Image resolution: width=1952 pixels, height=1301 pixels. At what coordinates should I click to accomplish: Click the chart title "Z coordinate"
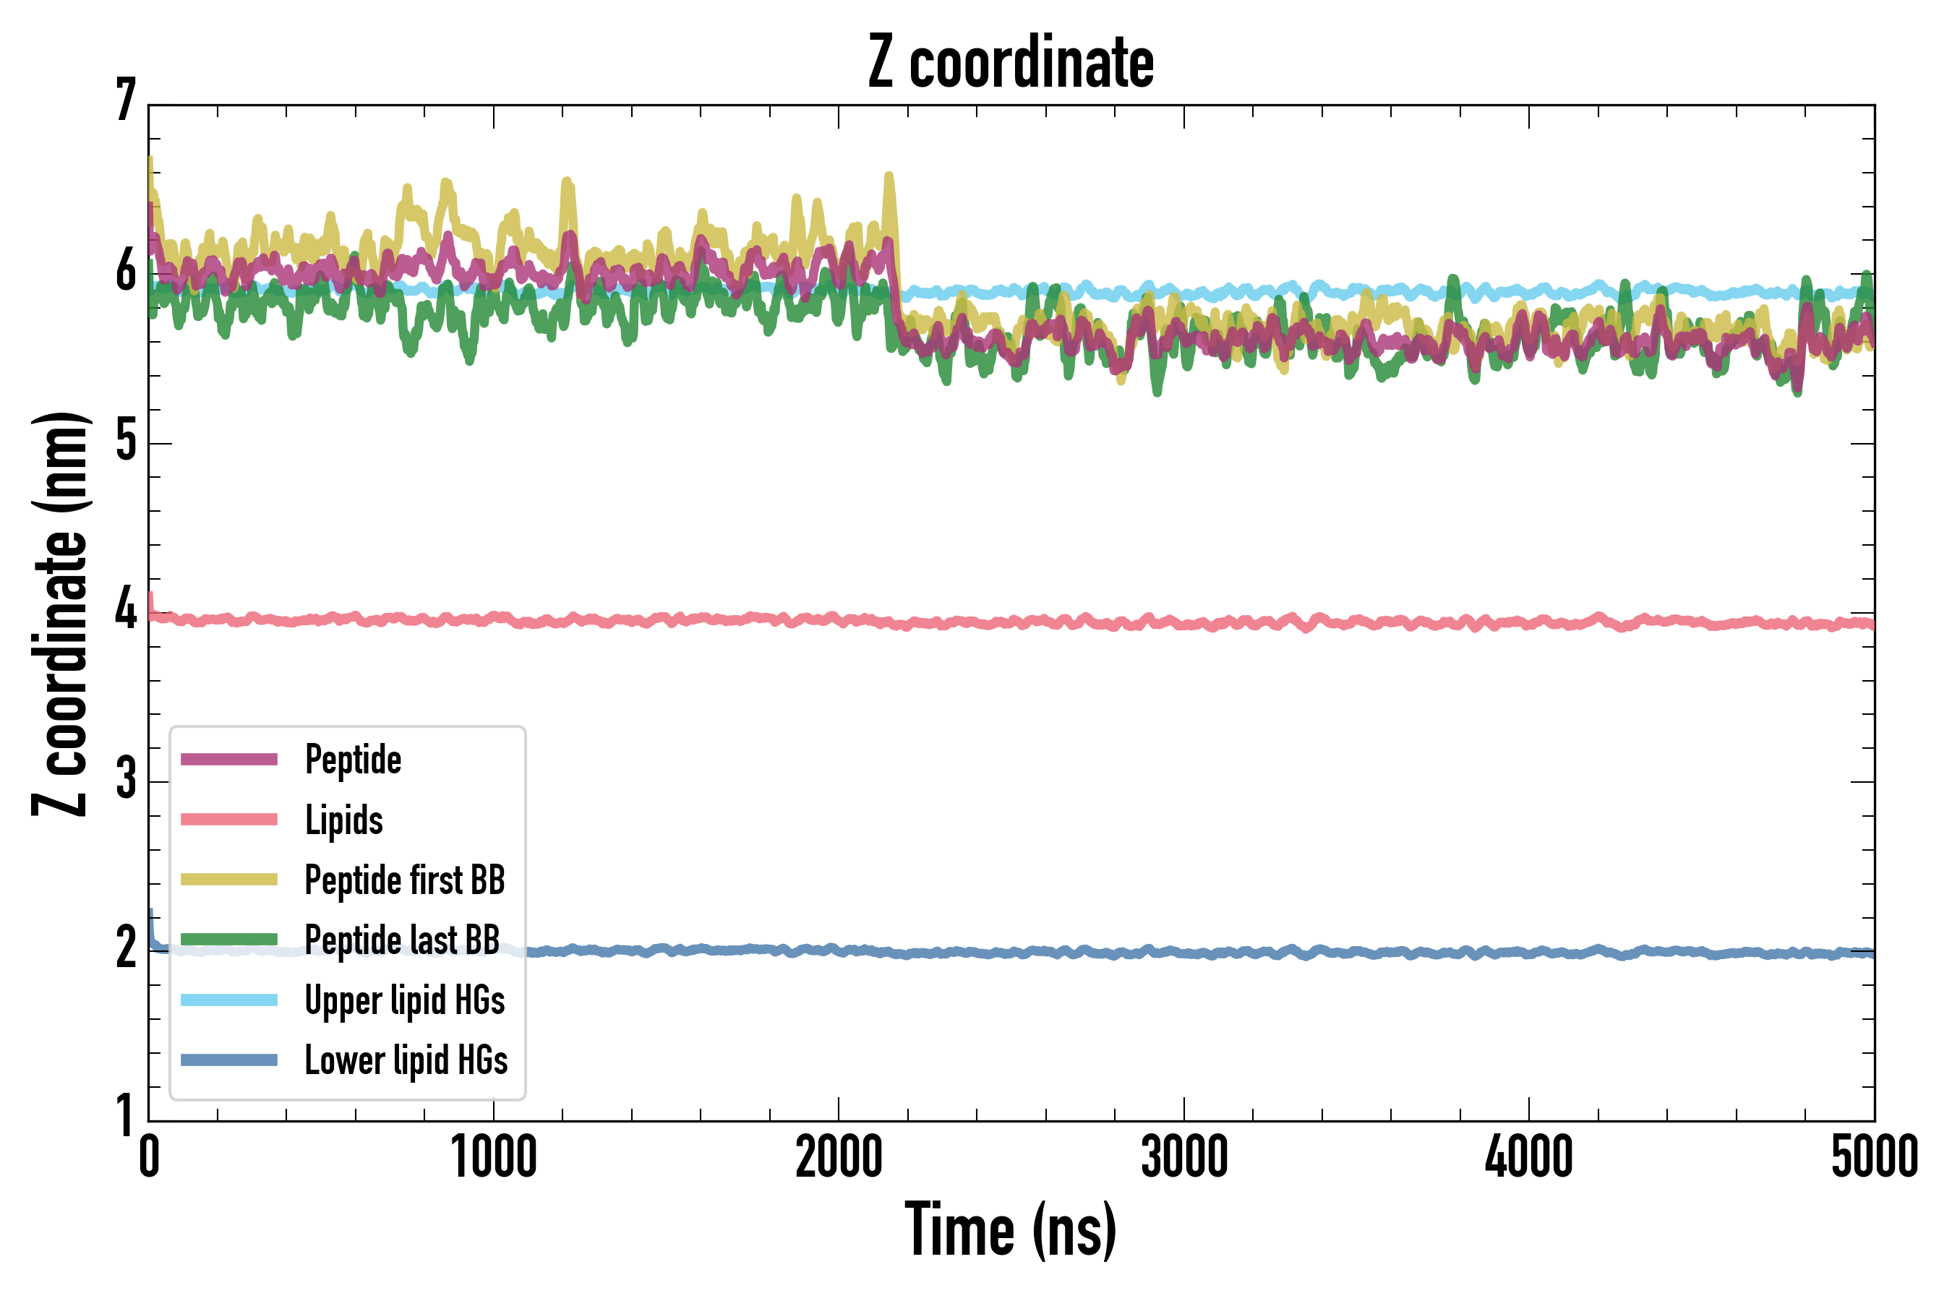[x=1010, y=62]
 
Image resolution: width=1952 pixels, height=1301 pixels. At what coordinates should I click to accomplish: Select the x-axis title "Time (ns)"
[x=1010, y=1229]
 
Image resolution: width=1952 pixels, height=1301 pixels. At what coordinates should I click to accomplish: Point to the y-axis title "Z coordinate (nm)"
[x=60, y=614]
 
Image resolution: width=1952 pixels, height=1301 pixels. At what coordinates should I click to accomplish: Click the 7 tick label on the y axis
[x=125, y=101]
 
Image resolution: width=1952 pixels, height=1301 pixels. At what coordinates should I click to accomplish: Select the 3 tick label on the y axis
[x=125, y=779]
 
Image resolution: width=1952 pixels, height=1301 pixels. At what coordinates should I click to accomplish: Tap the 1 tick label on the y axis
[x=125, y=1115]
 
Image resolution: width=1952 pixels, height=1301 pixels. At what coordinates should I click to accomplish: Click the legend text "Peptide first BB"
[x=404, y=880]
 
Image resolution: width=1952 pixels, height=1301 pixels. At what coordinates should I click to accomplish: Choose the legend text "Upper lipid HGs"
[x=404, y=1000]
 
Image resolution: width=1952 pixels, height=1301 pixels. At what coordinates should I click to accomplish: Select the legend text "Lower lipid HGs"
[x=406, y=1060]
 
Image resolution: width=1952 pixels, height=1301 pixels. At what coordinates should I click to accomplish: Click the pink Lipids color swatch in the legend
[x=229, y=820]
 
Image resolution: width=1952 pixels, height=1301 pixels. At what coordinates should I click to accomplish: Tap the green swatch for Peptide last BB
[x=229, y=939]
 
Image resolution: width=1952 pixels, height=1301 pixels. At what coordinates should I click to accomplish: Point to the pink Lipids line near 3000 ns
[x=1183, y=622]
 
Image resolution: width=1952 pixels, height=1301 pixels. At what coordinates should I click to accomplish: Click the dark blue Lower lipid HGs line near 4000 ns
[x=1529, y=953]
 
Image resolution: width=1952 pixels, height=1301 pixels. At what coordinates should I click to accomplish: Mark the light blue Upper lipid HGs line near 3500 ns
[x=1356, y=291]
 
